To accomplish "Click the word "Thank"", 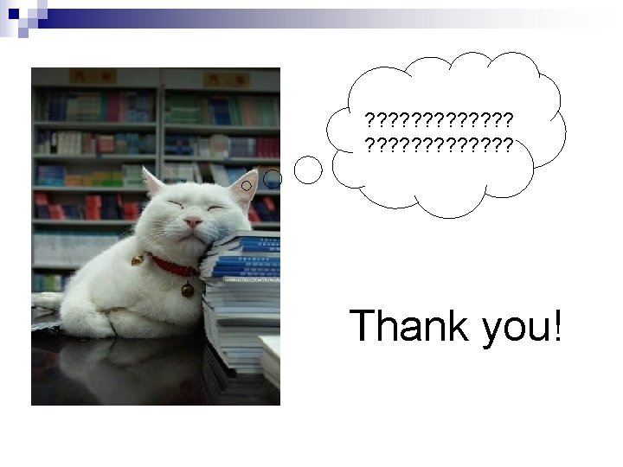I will click(404, 328).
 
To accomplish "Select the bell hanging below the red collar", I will click(187, 290).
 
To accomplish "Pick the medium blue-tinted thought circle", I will click(273, 178).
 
